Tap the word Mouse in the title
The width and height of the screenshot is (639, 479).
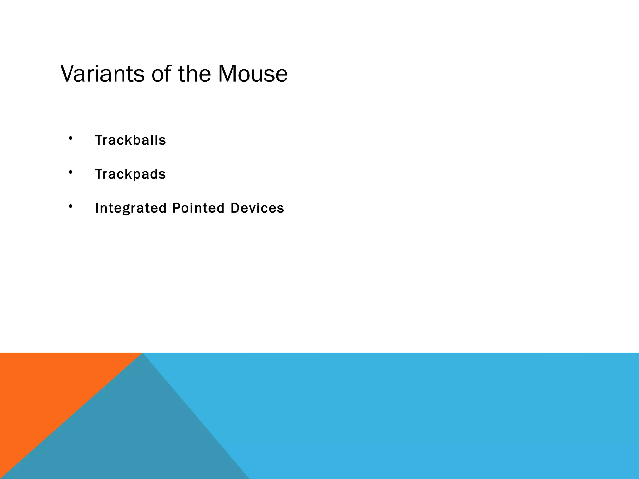[x=252, y=74]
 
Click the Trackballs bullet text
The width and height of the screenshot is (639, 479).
[x=130, y=140]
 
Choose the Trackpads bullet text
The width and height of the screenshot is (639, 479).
[x=130, y=174]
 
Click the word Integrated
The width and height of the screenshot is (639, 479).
[x=131, y=208]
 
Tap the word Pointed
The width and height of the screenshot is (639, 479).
[x=198, y=208]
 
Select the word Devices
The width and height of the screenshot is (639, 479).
[x=257, y=208]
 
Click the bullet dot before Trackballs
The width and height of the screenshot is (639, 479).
[x=71, y=138]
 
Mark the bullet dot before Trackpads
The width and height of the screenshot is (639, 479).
[x=71, y=172]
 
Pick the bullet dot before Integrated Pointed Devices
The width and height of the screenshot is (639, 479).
[x=71, y=206]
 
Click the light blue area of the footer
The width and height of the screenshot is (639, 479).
[x=437, y=415]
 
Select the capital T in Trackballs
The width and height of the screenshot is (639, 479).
[x=99, y=140]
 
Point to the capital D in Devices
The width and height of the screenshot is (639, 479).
[x=235, y=208]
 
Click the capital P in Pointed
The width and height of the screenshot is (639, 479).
[x=176, y=208]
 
